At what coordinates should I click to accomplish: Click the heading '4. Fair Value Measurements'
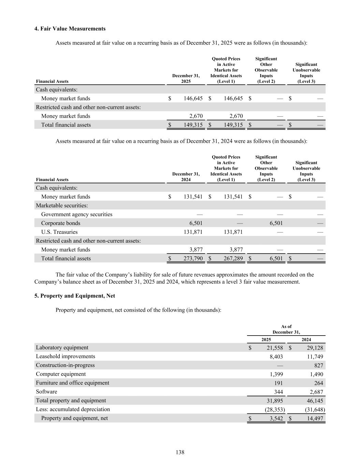coord(70,29)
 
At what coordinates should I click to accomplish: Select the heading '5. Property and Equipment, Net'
coord(74,296)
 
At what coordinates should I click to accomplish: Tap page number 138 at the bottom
coord(180,452)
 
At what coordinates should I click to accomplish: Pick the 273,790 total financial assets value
coord(193,258)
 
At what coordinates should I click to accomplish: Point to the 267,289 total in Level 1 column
coord(233,258)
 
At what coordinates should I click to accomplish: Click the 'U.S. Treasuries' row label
coord(59,232)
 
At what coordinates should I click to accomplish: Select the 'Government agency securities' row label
coord(77,214)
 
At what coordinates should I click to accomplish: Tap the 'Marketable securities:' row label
coord(62,206)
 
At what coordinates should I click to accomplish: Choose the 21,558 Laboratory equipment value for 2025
coord(274,348)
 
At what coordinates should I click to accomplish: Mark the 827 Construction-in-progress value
coord(319,365)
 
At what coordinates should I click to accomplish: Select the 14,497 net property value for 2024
coord(315,418)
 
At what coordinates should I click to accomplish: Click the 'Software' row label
coord(46,392)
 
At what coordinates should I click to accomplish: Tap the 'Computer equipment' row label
coord(61,374)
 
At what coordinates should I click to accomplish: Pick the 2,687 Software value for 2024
coord(316,392)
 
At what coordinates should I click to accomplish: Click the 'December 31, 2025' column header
coord(186,78)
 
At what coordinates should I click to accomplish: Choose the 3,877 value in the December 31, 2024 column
coord(196,250)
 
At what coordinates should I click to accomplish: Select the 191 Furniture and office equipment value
coord(278,383)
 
